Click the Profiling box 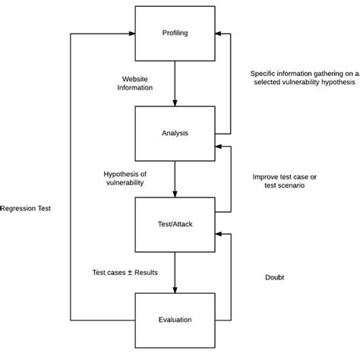coord(175,33)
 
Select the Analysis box coord(175,133)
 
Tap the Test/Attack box coord(175,224)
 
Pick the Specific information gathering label coord(304,77)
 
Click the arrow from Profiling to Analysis coord(175,84)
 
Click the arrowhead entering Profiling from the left coord(131,33)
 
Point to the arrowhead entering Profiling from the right coord(219,33)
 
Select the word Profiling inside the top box coord(175,33)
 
